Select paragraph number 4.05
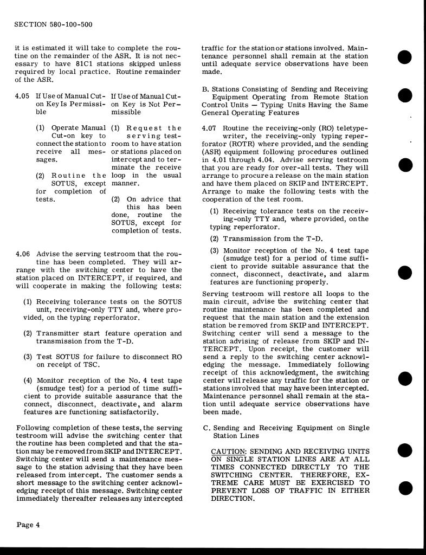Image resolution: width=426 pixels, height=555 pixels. (23, 95)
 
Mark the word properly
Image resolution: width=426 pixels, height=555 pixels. (310, 282)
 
